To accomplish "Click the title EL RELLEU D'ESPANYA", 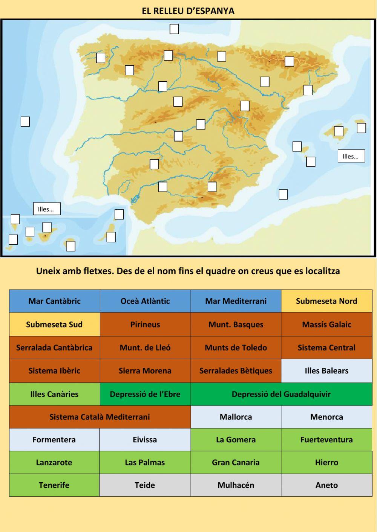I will [x=188, y=11].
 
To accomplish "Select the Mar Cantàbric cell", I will [x=54, y=301].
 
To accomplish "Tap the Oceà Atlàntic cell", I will [x=145, y=301].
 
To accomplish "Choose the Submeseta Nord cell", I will [x=326, y=301].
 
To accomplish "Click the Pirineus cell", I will [x=145, y=325].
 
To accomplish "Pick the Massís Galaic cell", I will [x=326, y=325].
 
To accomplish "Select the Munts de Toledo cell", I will [x=236, y=348].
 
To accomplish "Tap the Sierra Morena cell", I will [x=145, y=371].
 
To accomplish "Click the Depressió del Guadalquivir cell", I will [x=281, y=394].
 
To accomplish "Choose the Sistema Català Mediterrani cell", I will [x=100, y=417].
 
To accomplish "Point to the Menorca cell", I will [x=326, y=417].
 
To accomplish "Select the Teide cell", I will [x=145, y=485].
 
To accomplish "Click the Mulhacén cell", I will [x=236, y=485].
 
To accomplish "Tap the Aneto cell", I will [x=326, y=485].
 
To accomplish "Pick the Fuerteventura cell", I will [x=326, y=440].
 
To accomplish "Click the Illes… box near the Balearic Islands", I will [x=351, y=156].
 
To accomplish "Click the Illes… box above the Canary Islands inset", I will [x=46, y=209].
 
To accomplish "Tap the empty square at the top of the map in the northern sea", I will [x=174, y=29].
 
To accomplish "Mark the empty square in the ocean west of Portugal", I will [x=25, y=122].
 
